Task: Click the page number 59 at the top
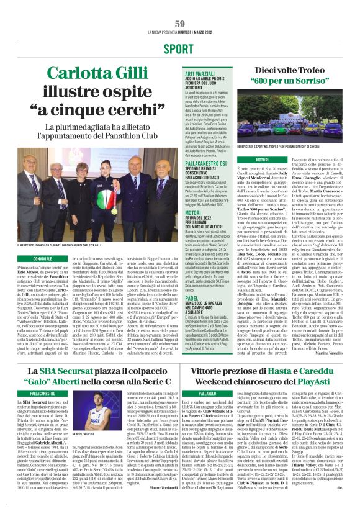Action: (180, 23)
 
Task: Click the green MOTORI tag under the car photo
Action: (245, 160)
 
